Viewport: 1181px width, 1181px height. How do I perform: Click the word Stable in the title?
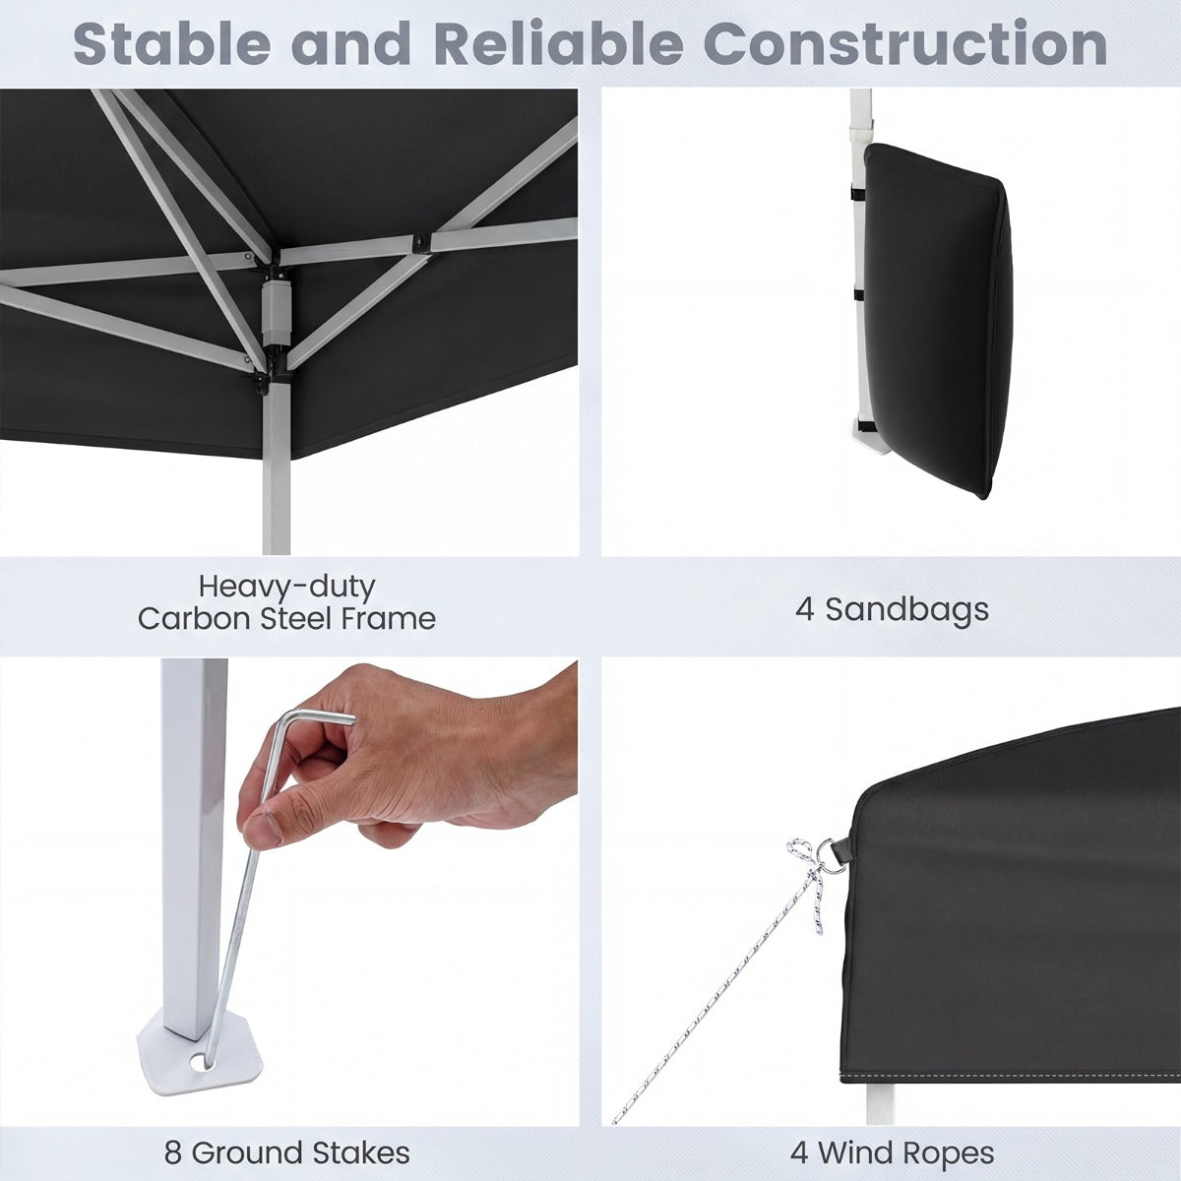tap(171, 44)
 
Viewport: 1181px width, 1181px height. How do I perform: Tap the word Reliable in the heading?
tap(558, 44)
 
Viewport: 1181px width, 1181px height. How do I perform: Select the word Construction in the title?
tap(909, 44)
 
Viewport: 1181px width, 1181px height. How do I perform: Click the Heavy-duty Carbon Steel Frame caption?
tap(286, 602)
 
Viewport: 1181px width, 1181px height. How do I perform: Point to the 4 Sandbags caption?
tap(892, 609)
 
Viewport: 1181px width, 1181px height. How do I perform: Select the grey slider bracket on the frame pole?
tap(273, 313)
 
